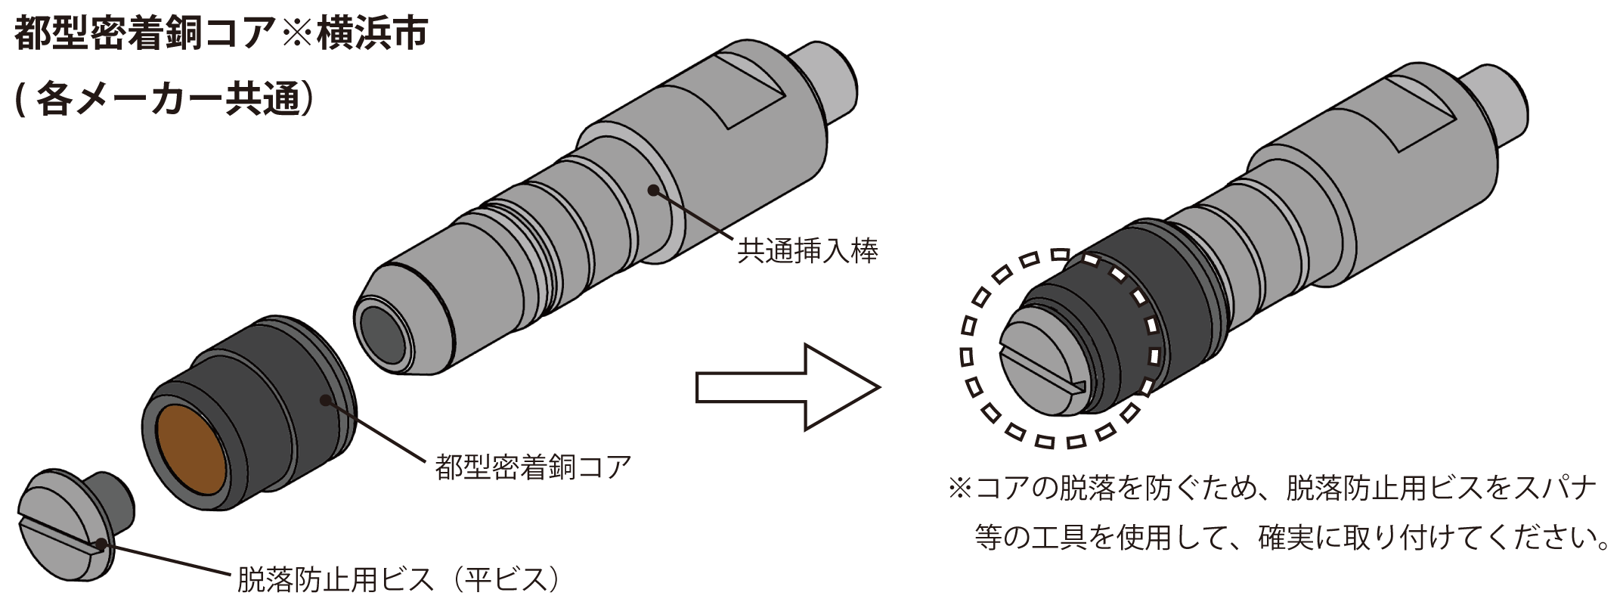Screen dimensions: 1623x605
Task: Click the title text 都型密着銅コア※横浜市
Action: [x=221, y=34]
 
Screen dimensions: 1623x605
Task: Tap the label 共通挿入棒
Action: [x=807, y=251]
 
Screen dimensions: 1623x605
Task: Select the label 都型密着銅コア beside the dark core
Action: [x=533, y=467]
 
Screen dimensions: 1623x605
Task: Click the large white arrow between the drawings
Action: [x=788, y=387]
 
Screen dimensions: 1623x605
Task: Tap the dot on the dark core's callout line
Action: [x=327, y=399]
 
